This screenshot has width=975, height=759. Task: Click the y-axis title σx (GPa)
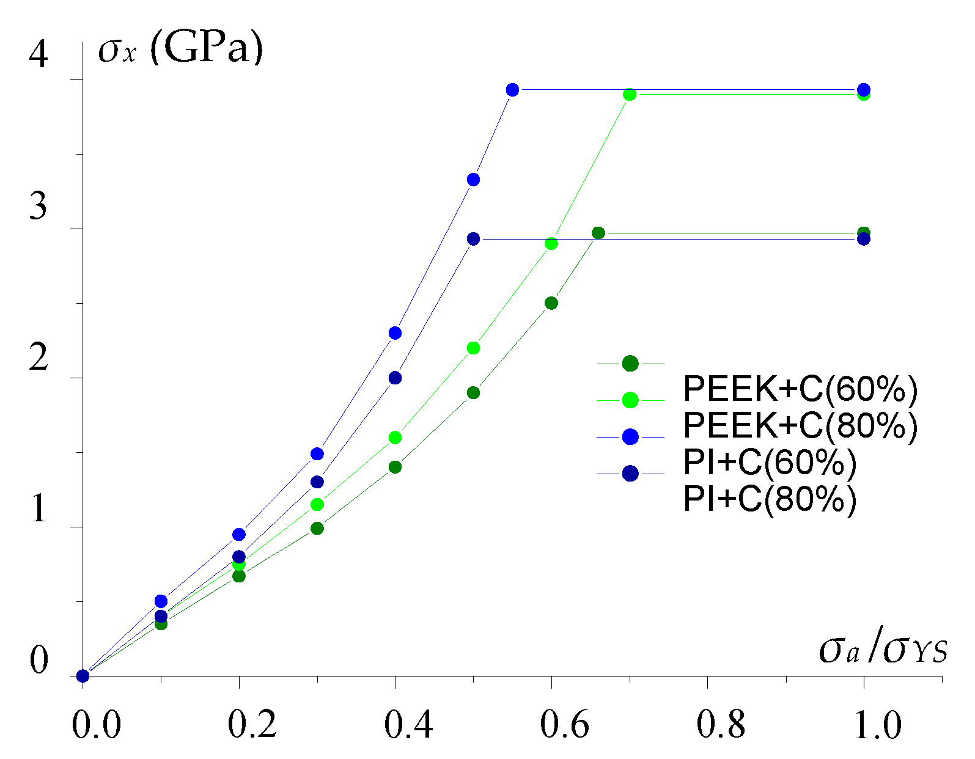(x=180, y=49)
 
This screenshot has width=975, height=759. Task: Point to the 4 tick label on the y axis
(x=38, y=55)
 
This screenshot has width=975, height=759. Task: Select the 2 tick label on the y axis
(x=38, y=357)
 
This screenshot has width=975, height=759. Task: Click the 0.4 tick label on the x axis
(x=408, y=725)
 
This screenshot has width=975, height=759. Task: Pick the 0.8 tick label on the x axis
(x=721, y=725)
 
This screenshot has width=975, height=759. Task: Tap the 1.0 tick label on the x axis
(x=877, y=725)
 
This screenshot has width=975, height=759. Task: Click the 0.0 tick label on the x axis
(x=97, y=725)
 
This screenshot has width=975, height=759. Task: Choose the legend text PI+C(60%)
(x=770, y=463)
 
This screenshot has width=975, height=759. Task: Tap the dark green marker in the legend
(x=630, y=364)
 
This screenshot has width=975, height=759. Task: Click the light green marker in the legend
(x=630, y=400)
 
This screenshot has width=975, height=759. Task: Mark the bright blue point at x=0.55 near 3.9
(x=512, y=90)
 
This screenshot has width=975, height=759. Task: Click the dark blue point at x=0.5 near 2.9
(x=473, y=239)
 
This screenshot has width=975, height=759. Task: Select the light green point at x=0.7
(x=630, y=94)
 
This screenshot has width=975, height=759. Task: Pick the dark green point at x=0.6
(x=551, y=303)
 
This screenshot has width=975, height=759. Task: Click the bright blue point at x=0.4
(x=395, y=333)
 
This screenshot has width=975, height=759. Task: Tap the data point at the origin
(x=83, y=676)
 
